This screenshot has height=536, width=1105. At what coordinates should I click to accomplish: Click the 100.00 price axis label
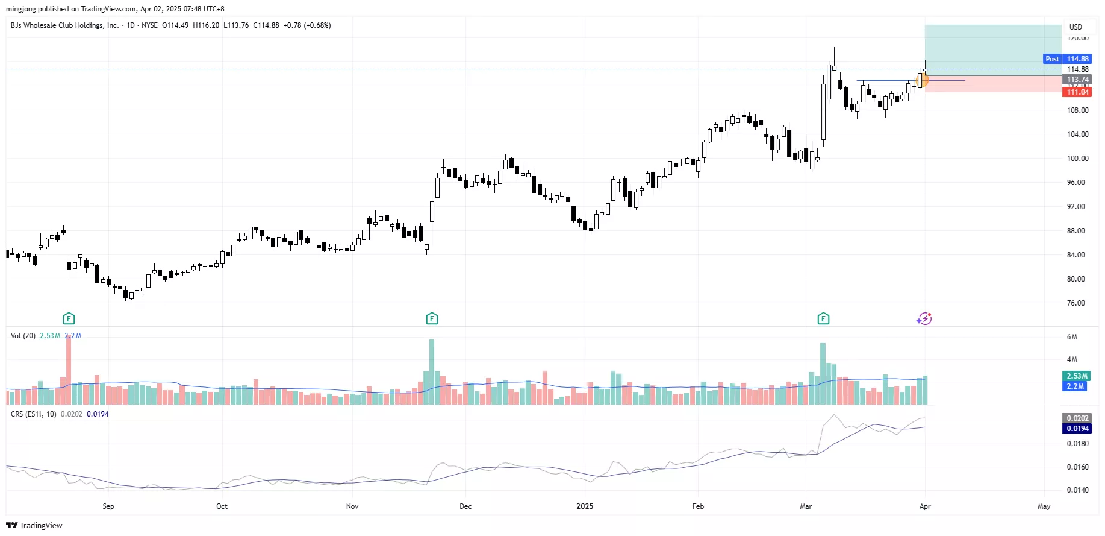pos(1077,159)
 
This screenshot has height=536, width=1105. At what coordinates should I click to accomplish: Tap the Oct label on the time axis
pos(222,506)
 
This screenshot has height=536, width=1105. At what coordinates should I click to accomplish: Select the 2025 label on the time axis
pos(584,506)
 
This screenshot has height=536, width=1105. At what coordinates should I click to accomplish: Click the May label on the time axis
pos(1044,506)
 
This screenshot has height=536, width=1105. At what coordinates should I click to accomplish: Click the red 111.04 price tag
pos(1077,92)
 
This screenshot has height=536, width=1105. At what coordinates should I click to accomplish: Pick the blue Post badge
pos(1052,59)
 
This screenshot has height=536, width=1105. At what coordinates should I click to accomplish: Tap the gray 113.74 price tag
pos(1077,80)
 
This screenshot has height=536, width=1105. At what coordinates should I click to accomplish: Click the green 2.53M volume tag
pos(1077,376)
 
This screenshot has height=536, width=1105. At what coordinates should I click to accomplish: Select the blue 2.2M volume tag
pos(1075,386)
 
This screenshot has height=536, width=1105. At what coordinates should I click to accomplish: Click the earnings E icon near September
pos(69,318)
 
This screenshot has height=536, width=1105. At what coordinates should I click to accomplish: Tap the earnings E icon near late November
pos(432,318)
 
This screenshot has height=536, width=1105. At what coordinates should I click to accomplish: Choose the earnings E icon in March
pos(823,318)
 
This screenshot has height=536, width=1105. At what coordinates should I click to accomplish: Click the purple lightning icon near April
pos(924,318)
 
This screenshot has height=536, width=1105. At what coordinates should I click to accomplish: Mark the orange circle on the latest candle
pos(922,80)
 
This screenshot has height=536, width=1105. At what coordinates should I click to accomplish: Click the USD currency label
pos(1075,27)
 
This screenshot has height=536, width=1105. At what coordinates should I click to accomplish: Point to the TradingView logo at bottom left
pos(34,525)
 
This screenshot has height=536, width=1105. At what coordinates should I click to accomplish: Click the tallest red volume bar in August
pos(69,369)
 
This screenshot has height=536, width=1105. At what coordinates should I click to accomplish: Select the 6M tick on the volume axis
pos(1072,337)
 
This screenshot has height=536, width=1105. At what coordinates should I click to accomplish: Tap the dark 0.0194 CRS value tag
pos(1077,429)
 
